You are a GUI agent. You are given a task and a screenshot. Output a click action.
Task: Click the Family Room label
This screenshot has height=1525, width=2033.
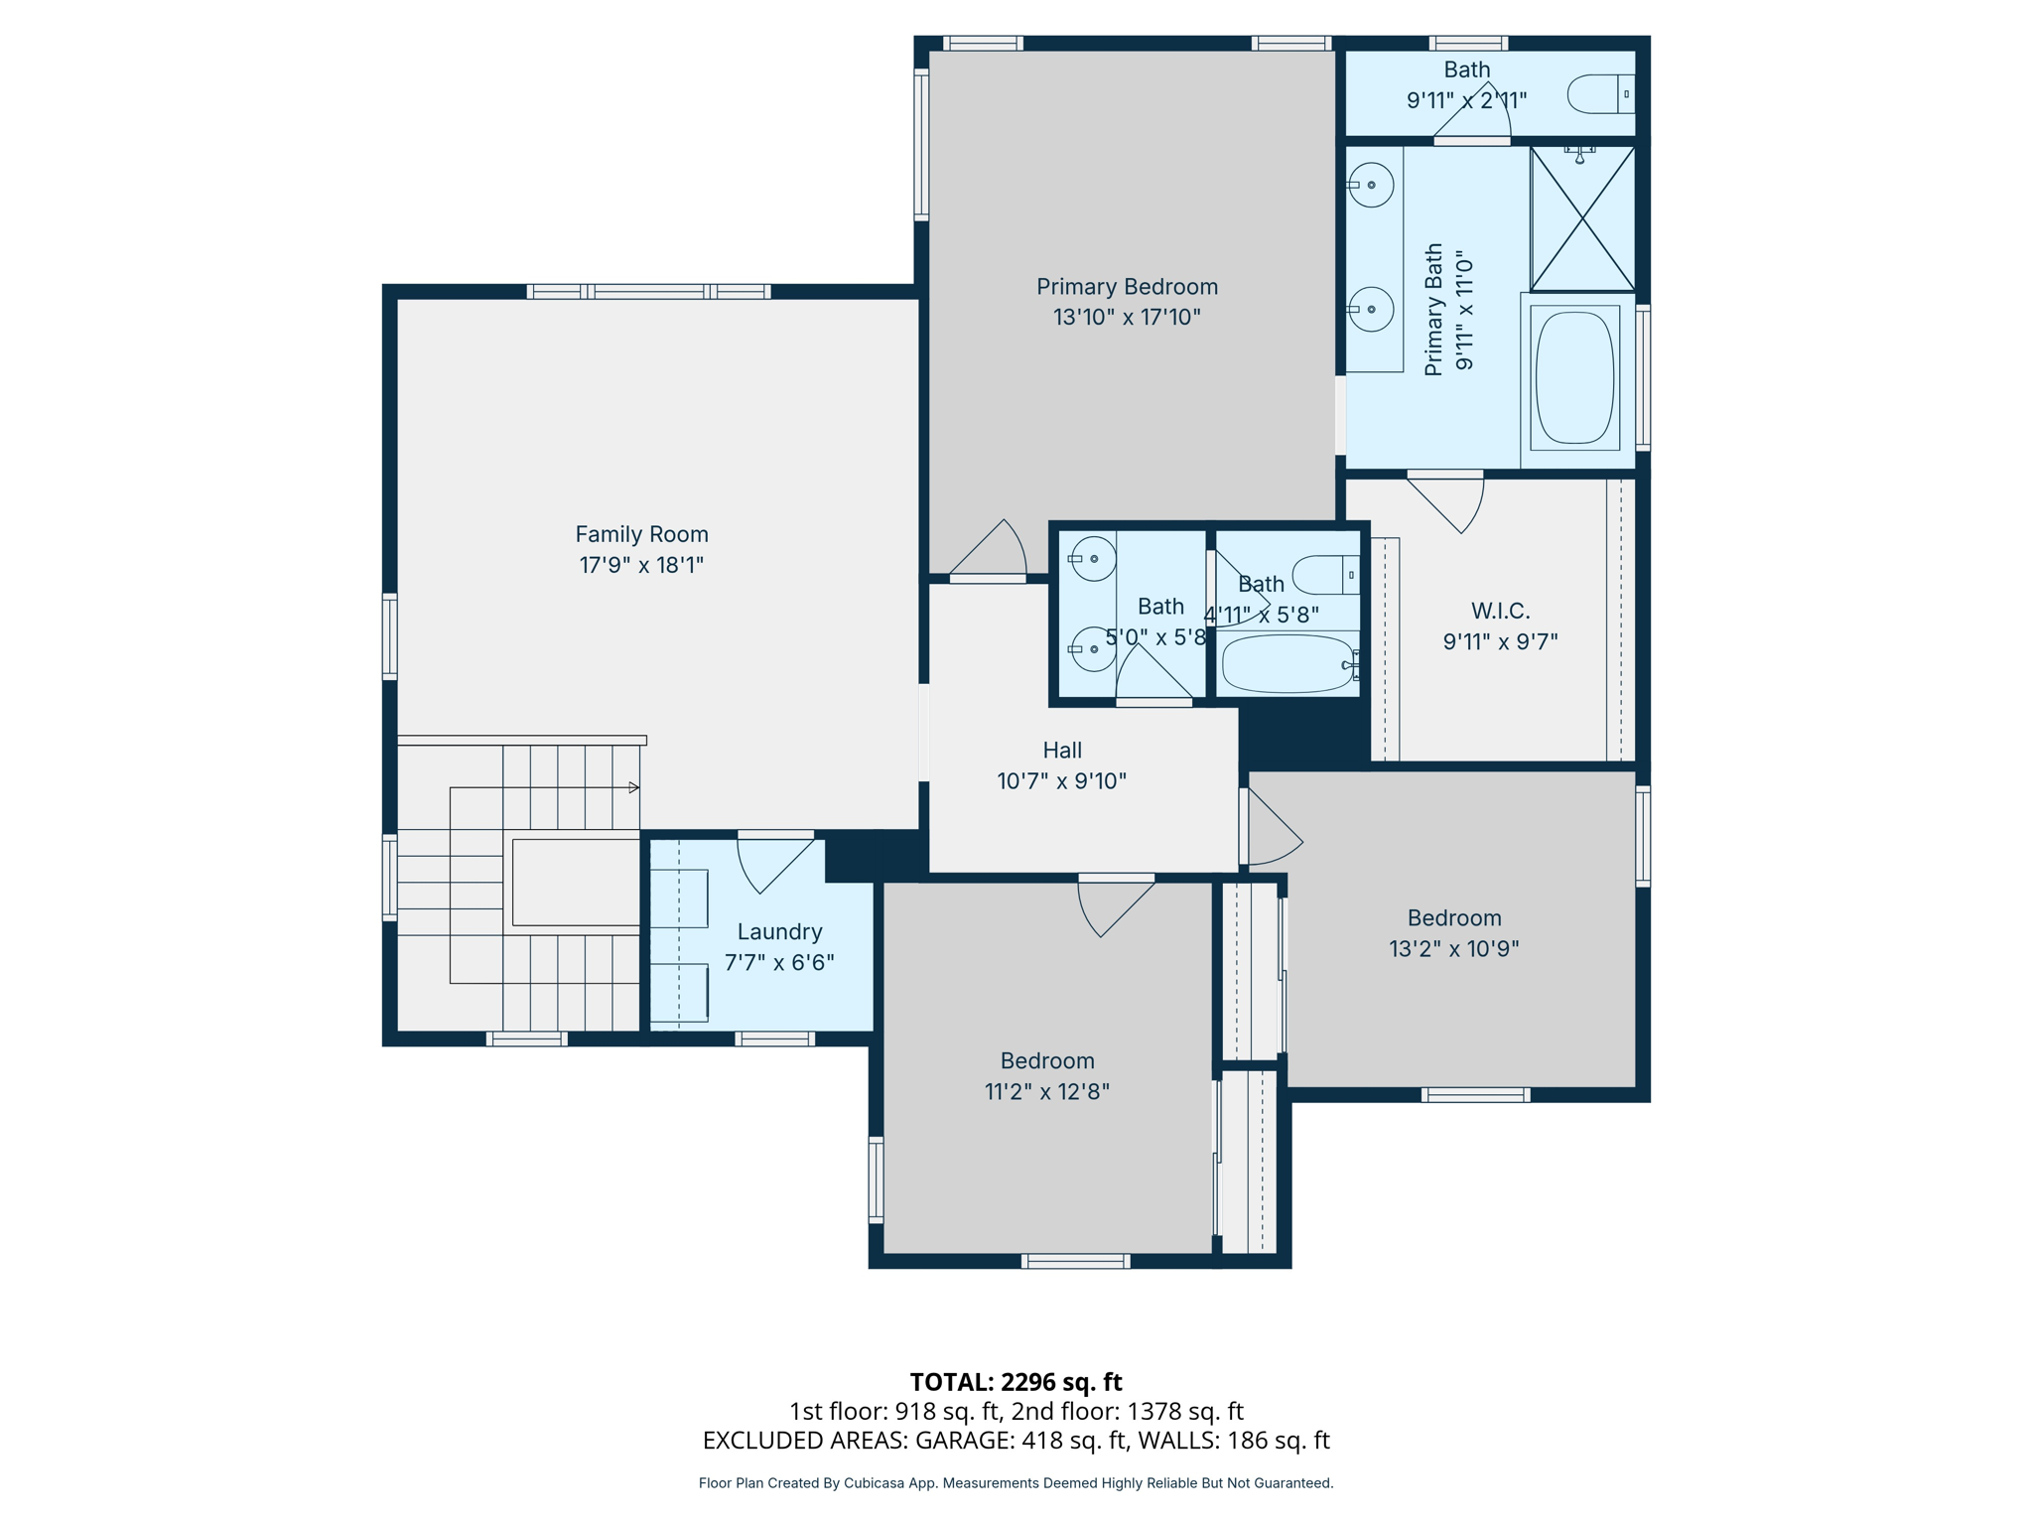(641, 534)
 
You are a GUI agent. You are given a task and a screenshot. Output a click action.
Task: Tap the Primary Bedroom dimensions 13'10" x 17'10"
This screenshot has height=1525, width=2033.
(1127, 318)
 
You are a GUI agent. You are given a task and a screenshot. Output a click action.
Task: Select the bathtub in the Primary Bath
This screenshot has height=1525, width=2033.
(1574, 378)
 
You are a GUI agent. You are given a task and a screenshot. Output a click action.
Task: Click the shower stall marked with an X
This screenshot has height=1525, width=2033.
(1582, 219)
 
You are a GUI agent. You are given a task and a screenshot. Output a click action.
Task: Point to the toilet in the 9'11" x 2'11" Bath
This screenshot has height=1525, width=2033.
(1598, 94)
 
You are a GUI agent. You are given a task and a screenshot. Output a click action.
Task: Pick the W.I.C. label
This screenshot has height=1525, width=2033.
(1500, 611)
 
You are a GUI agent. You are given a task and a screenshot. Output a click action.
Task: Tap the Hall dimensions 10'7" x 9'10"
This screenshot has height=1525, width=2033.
(1061, 781)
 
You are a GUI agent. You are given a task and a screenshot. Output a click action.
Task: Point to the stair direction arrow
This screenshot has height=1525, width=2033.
(633, 787)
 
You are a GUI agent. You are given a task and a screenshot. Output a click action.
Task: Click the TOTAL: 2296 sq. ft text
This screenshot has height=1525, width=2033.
(1016, 1382)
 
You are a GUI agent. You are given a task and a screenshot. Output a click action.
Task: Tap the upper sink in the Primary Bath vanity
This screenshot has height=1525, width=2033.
(1372, 185)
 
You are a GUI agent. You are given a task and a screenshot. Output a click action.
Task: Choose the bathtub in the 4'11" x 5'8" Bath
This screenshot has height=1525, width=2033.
(1287, 664)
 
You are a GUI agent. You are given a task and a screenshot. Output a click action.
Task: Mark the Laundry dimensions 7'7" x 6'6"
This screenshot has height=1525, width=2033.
(779, 963)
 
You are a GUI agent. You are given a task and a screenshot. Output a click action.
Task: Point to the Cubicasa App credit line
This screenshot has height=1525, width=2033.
(1016, 1483)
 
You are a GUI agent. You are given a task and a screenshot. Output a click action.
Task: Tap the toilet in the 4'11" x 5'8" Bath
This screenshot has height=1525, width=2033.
(1326, 575)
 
